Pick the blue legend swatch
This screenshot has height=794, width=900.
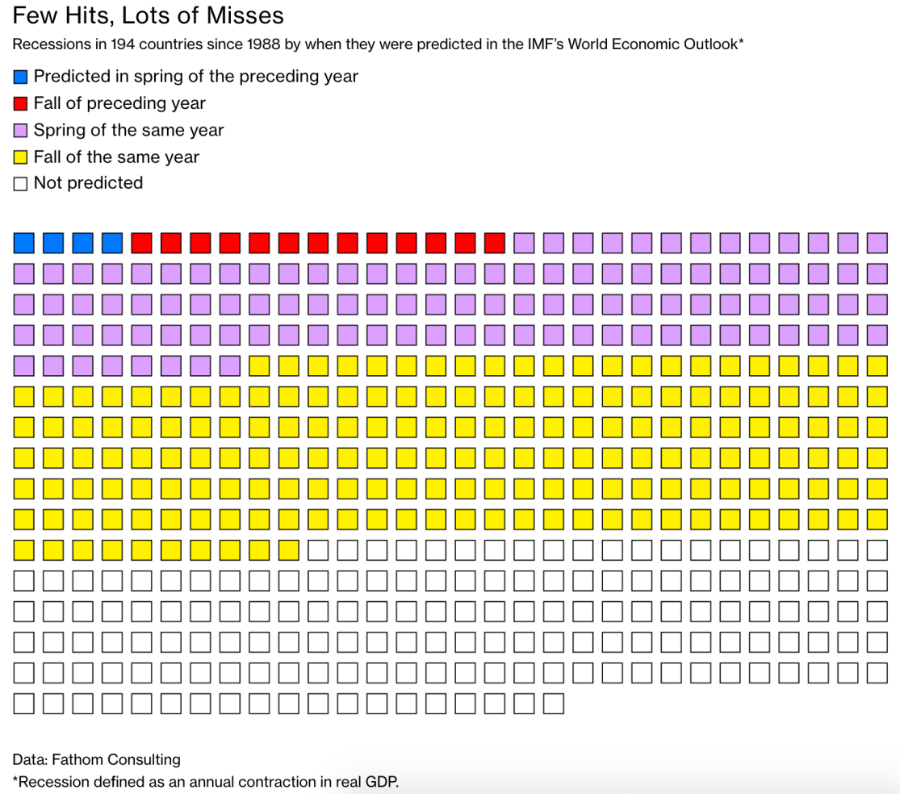point(21,77)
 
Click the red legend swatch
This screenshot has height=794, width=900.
point(21,104)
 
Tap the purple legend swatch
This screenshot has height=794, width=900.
point(21,131)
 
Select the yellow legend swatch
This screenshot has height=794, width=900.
point(21,157)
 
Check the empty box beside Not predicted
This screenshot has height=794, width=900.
point(21,184)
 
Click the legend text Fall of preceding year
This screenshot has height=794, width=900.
point(119,103)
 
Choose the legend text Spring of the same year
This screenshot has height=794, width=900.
point(128,130)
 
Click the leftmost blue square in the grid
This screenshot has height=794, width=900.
point(24,242)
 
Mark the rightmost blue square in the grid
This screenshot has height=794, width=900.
point(112,242)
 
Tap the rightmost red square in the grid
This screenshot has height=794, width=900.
point(495,242)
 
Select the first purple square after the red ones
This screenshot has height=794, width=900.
point(524,242)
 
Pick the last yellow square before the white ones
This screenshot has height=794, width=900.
point(289,550)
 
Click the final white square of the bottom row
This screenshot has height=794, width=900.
point(553,704)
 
